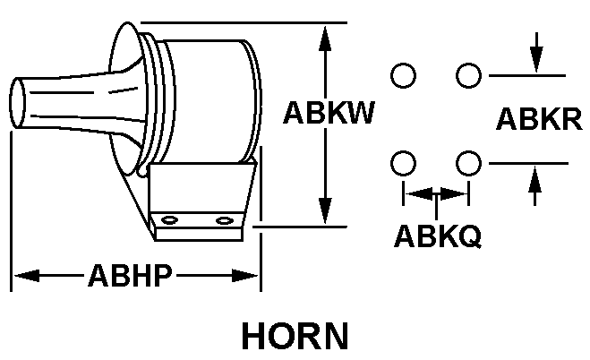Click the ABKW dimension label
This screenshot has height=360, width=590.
(x=328, y=114)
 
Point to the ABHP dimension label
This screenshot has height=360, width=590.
(x=130, y=275)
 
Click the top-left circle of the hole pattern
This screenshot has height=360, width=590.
(x=404, y=75)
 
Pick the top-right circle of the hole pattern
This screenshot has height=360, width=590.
(x=466, y=75)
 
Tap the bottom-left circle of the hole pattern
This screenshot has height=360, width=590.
(x=404, y=163)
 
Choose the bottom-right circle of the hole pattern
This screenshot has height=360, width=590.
(x=466, y=163)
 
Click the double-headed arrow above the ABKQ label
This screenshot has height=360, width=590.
(x=435, y=192)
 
